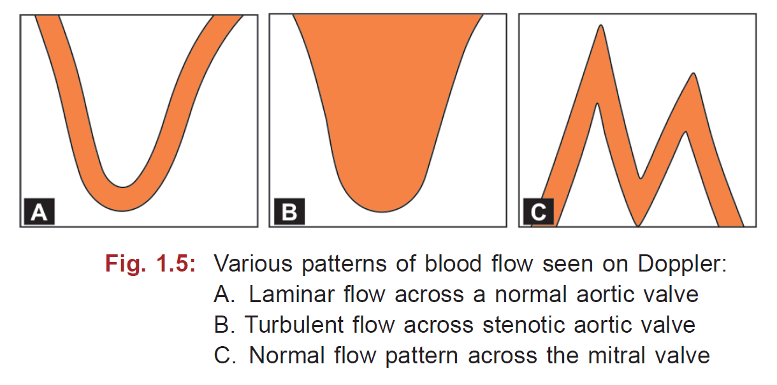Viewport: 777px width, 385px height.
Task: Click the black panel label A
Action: (x=39, y=211)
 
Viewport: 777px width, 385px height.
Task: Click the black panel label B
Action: (x=288, y=211)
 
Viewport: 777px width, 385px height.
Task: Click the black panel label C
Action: (x=539, y=211)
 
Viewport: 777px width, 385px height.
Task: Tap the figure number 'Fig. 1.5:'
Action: (x=150, y=264)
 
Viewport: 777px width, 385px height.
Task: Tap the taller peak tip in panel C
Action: (x=600, y=27)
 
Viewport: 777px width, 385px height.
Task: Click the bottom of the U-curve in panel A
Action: (x=124, y=199)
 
